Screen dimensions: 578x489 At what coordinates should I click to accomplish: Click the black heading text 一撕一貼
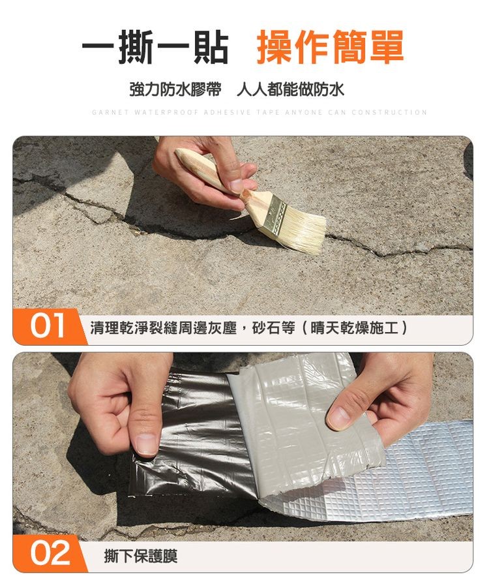tap(155, 48)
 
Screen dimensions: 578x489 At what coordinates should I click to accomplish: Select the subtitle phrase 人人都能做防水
tap(291, 89)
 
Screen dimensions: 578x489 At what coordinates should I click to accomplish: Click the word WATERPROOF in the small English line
tap(166, 112)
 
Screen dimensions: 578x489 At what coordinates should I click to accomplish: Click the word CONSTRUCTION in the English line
tap(389, 112)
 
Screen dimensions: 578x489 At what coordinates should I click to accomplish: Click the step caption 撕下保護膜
tap(140, 556)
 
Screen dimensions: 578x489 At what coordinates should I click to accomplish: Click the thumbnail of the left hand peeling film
tap(147, 444)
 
